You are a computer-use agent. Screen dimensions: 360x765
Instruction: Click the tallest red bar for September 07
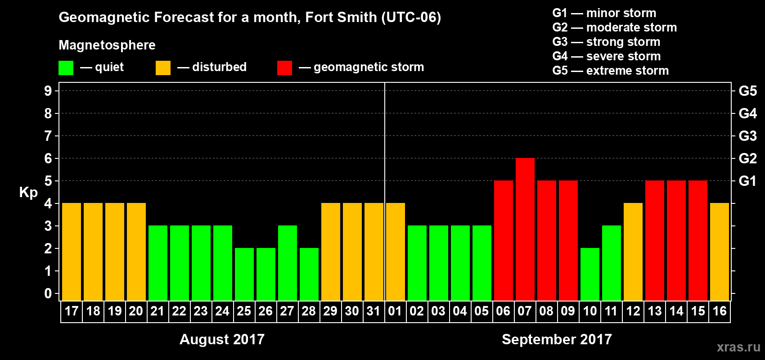[525, 229]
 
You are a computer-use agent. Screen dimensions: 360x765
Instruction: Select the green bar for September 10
[589, 274]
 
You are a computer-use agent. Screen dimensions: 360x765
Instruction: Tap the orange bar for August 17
[71, 252]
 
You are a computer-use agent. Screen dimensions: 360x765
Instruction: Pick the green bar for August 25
[244, 274]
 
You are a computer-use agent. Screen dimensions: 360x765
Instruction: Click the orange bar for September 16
[719, 252]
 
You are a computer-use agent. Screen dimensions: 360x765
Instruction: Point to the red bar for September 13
[654, 240]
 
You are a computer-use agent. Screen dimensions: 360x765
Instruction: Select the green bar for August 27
[287, 263]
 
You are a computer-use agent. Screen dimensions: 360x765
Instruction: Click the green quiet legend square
[66, 68]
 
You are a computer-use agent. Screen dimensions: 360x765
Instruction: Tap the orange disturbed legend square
[163, 68]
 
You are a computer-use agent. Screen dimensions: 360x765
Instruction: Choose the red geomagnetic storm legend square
[284, 68]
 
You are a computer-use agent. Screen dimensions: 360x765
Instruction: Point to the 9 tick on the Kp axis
[48, 91]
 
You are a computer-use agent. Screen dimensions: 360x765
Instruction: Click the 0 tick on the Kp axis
[48, 294]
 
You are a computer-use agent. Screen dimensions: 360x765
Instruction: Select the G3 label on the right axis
[747, 136]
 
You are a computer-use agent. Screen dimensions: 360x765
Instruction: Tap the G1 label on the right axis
[747, 181]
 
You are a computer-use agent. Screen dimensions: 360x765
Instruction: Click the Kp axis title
[28, 193]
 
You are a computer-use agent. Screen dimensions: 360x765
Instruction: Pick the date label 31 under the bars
[373, 311]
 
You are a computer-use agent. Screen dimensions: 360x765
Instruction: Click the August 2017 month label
[222, 339]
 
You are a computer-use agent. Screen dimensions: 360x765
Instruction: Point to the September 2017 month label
[557, 339]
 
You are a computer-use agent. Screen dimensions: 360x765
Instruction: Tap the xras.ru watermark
[738, 347]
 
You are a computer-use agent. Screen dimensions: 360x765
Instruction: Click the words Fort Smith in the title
[341, 17]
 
